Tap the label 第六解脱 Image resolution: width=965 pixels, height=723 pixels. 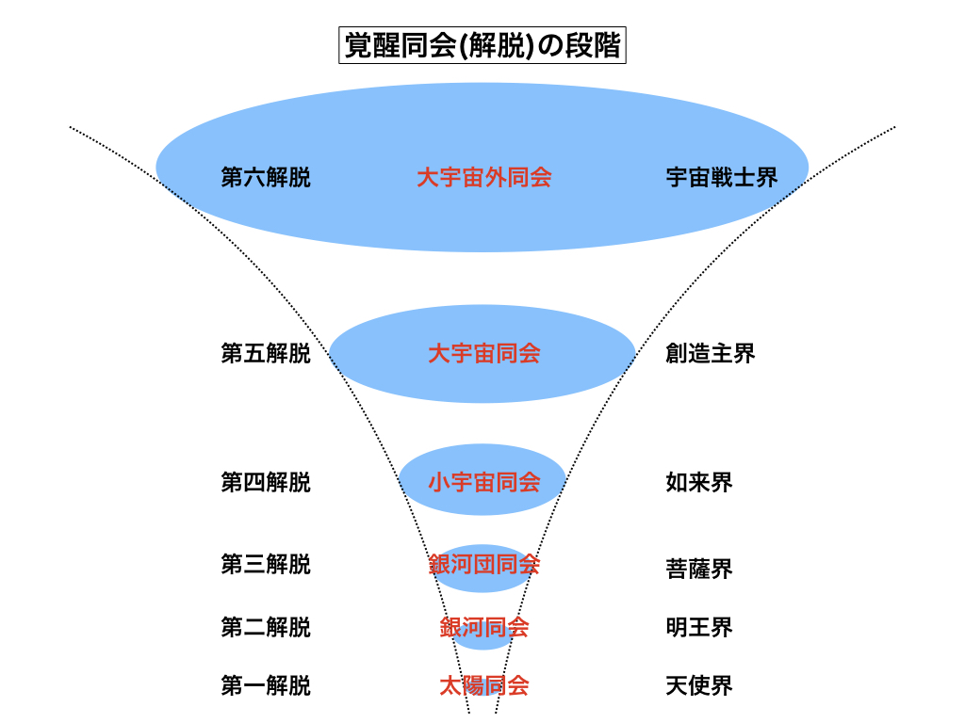pos(265,177)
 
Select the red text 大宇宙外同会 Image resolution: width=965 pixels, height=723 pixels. pos(483,177)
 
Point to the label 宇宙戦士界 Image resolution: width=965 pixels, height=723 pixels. pos(722,177)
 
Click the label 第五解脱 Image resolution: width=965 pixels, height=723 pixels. pos(265,354)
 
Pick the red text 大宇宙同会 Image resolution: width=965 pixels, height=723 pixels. pos(483,354)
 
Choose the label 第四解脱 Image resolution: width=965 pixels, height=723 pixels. pos(265,483)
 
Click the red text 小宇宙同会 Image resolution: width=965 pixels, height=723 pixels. pos(483,483)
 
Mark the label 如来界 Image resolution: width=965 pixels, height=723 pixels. pos(699,483)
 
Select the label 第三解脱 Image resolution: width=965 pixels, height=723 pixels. pos(265,565)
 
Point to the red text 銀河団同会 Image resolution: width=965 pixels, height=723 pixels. pos(483,565)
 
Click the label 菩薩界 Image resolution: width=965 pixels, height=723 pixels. pos(699,569)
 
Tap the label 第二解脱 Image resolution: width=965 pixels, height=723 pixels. pos(265,627)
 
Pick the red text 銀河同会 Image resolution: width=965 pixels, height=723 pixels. pos(483,627)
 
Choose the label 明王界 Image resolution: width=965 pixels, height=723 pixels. pos(699,627)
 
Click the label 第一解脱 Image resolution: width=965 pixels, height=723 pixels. pos(265,685)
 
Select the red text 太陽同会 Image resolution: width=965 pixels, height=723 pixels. pos(483,685)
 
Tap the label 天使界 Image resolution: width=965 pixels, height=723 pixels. pos(699,685)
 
